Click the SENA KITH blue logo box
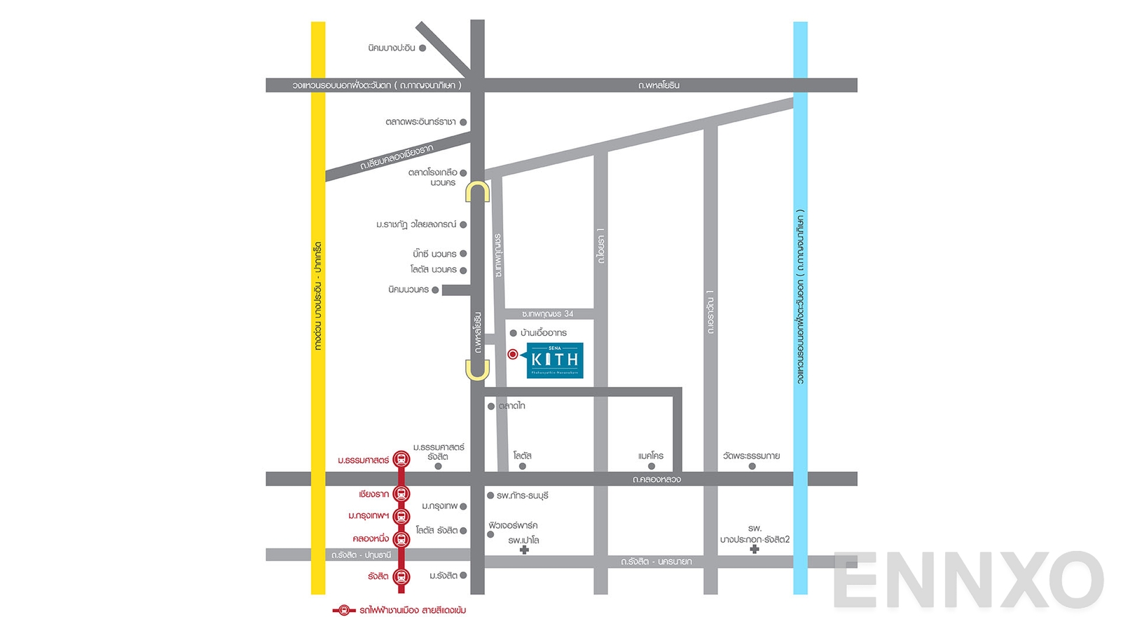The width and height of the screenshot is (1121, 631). pos(555,360)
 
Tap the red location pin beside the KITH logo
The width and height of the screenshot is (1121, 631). pos(513,355)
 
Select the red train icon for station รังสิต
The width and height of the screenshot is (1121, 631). pos(401,577)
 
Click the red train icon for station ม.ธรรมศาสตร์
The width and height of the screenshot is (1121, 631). pos(401,460)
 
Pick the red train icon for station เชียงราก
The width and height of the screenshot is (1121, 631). pos(401,494)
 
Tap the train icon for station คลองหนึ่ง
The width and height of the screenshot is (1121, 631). pos(401,539)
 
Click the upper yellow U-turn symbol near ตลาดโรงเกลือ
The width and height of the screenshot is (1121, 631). pos(478,192)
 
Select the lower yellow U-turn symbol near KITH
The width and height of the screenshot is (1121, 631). pos(478,369)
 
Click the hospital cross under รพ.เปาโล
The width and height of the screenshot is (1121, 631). pos(524,550)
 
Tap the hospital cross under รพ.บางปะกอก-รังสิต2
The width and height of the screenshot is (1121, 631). pos(755,549)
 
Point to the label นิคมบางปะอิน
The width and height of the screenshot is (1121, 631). pos(391,48)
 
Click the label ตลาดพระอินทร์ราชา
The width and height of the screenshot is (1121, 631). pos(420,122)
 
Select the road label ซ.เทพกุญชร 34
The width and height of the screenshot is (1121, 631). pos(547,314)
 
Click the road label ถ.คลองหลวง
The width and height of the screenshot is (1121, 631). pos(656,480)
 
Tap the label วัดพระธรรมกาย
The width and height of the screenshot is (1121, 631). pos(751,456)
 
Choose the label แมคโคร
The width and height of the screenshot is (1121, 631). pos(651,456)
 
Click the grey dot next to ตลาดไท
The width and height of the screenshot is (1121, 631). pos(491,406)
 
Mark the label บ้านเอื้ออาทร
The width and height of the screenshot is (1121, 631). pos(544,333)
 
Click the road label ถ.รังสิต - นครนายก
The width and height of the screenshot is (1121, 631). pos(656,562)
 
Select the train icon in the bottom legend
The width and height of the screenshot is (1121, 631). pos(343,610)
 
